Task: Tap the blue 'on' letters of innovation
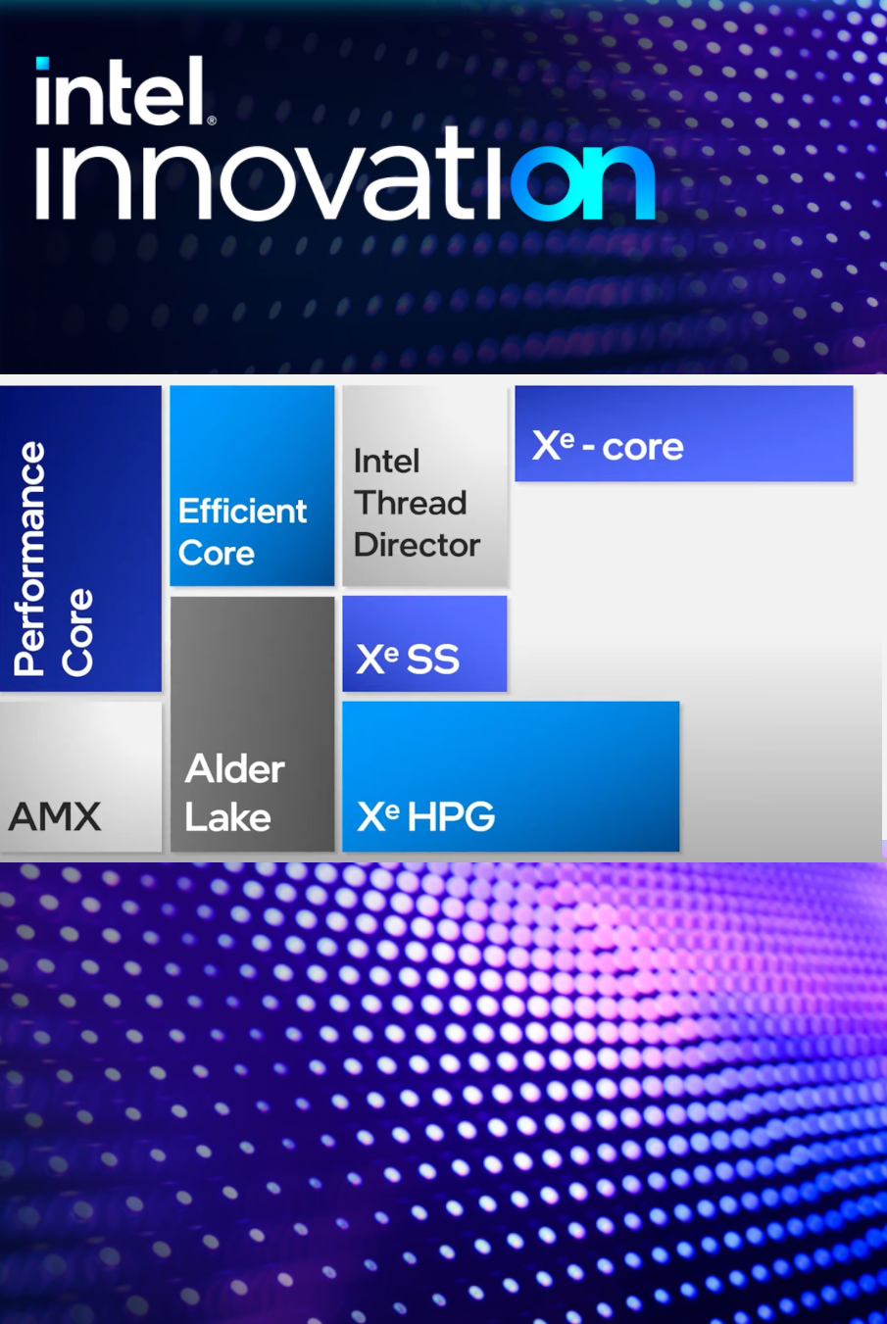pyautogui.click(x=583, y=181)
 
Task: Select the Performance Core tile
pyautogui.click(x=80, y=539)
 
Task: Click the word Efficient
pyautogui.click(x=242, y=511)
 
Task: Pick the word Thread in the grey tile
pyautogui.click(x=411, y=503)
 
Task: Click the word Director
pyautogui.click(x=417, y=545)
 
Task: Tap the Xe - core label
pyautogui.click(x=608, y=447)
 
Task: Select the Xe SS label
pyautogui.click(x=408, y=659)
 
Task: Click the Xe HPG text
pyautogui.click(x=426, y=816)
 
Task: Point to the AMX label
pyautogui.click(x=55, y=816)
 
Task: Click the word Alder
pyautogui.click(x=235, y=769)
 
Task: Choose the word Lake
pyautogui.click(x=227, y=817)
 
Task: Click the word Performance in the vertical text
pyautogui.click(x=30, y=559)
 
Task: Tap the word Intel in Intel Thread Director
pyautogui.click(x=386, y=461)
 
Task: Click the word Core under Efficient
pyautogui.click(x=217, y=554)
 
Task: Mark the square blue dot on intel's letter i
pyautogui.click(x=42, y=65)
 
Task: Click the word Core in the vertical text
pyautogui.click(x=77, y=632)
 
